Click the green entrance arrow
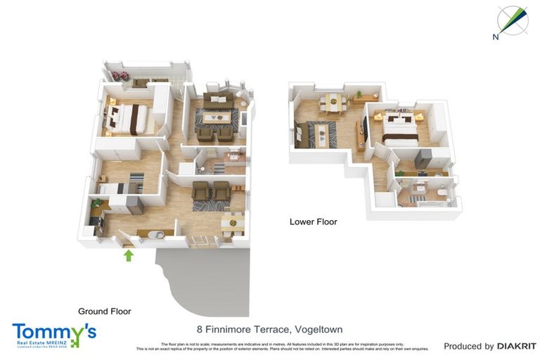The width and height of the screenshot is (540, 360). pos(128,255)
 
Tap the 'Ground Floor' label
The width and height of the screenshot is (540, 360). pos(104,311)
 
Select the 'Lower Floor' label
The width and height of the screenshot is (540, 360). pos(313,221)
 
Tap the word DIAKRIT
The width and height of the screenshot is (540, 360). pos(517,346)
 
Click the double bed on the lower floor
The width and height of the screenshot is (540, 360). pos(398,129)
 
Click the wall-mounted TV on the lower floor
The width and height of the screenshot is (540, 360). pos(364,127)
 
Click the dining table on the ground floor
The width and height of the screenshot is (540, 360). pos(232,224)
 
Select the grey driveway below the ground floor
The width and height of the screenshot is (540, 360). pos(204,281)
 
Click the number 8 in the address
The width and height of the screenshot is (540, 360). pos(200,329)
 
